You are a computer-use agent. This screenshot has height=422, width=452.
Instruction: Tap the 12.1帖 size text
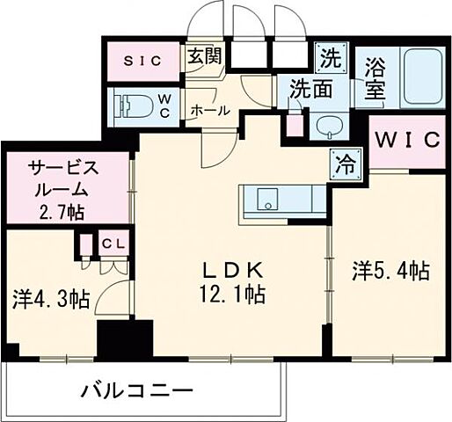232,292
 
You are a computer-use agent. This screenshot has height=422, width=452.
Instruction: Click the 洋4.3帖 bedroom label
51,299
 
